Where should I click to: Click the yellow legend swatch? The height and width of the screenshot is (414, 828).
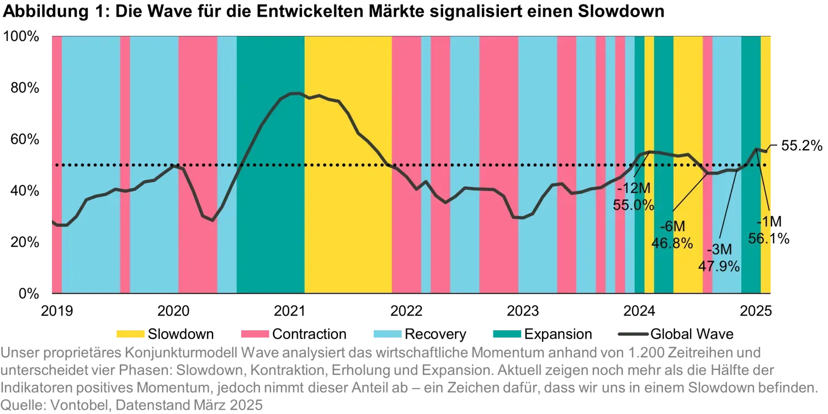pos(130,333)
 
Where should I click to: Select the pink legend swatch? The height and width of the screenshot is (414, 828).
pos(254,333)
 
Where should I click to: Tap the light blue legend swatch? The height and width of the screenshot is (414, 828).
pos(386,333)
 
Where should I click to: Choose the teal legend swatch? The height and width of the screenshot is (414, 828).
pos(507,333)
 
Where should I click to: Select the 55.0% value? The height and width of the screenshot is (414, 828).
pos(634,205)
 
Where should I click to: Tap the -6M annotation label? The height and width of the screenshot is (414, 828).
pos(672,227)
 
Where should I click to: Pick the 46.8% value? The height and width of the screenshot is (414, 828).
pos(672,243)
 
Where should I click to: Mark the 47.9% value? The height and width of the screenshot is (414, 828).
pos(719,266)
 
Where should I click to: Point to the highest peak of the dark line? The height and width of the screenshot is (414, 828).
pos(296,93)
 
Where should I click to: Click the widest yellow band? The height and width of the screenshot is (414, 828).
pos(348,221)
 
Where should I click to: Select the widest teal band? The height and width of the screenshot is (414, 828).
pos(270,221)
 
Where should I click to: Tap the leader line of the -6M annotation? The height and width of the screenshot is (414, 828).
pos(690,191)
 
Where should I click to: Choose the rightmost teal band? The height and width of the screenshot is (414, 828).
pos(751,248)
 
